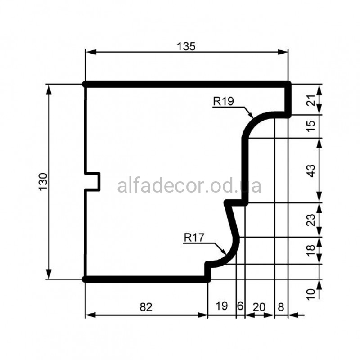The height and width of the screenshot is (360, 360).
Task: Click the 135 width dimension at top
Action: pos(186,47)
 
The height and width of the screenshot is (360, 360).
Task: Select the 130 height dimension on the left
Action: pos(43,182)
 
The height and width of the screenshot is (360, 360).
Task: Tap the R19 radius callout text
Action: pos(223,101)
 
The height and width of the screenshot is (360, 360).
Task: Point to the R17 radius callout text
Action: pos(194,238)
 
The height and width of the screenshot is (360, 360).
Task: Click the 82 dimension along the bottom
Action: pos(146,307)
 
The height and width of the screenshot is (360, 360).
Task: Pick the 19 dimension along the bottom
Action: pos(221,306)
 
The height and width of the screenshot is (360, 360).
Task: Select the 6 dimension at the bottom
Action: pos(240,306)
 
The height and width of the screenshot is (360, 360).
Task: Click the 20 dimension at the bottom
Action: pos(259,307)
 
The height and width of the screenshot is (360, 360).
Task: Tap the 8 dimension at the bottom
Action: pos(281,307)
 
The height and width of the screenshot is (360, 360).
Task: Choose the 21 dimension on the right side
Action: pos(311,100)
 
